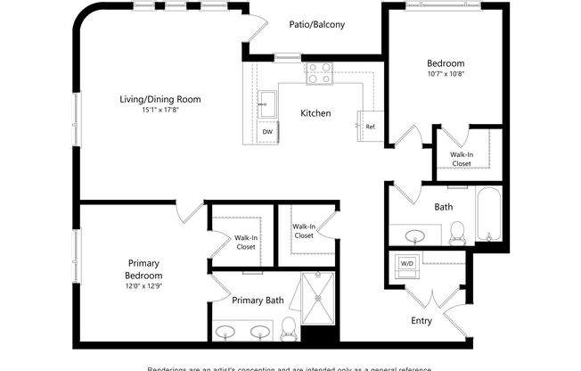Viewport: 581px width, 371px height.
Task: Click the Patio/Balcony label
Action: [x=316, y=24]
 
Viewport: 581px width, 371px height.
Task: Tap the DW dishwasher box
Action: [x=266, y=131]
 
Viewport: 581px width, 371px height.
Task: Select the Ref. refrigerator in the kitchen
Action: [x=369, y=126]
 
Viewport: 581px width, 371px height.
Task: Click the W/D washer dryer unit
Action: [x=406, y=264]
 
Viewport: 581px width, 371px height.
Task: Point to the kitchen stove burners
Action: [x=319, y=73]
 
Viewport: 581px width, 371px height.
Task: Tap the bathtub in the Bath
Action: [x=488, y=217]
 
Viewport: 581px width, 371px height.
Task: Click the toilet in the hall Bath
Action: [x=458, y=232]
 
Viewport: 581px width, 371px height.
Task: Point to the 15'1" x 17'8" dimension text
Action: [x=160, y=111]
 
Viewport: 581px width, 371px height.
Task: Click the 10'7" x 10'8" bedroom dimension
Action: [x=446, y=75]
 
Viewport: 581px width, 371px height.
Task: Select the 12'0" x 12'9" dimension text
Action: [x=143, y=286]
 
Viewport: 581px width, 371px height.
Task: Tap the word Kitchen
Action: [x=315, y=113]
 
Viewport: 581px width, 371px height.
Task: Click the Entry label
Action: [x=422, y=320]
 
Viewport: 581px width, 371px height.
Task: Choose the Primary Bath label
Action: [x=258, y=301]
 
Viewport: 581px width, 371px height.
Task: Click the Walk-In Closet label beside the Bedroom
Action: [x=462, y=159]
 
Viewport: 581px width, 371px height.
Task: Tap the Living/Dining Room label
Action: [x=160, y=99]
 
